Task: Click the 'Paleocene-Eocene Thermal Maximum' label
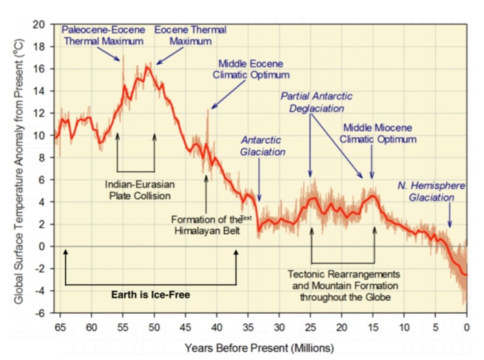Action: tap(103, 35)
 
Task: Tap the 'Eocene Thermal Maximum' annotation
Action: tap(190, 35)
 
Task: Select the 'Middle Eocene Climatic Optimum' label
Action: tap(251, 69)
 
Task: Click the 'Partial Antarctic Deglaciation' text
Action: tap(317, 102)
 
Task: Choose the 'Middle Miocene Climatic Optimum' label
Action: tap(378, 133)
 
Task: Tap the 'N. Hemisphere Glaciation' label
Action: tap(432, 191)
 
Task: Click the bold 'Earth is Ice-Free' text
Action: tap(150, 295)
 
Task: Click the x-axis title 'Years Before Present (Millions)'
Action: tap(259, 348)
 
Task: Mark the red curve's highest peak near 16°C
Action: tap(147, 67)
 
